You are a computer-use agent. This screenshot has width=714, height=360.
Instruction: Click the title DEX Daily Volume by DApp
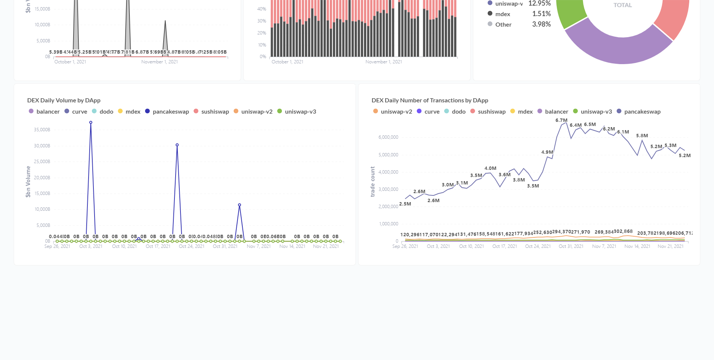click(x=64, y=100)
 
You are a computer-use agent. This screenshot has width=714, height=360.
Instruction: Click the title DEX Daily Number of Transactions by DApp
click(x=430, y=100)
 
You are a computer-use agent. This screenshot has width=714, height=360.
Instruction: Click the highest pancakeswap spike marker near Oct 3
click(x=91, y=123)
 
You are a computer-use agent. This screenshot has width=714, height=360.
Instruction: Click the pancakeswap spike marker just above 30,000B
click(x=177, y=145)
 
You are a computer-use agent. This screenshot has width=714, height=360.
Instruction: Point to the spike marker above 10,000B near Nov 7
click(x=239, y=205)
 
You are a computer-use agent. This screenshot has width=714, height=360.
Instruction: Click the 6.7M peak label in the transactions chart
click(x=561, y=120)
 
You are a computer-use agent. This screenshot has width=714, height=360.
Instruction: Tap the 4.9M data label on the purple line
click(x=547, y=152)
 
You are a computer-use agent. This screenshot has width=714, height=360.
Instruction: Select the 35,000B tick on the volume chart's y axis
click(x=42, y=130)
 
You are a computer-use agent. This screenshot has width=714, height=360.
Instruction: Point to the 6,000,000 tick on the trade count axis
click(x=388, y=137)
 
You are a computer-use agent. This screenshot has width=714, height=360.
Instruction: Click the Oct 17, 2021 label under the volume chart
click(x=158, y=246)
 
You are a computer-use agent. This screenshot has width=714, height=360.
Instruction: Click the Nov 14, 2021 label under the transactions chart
click(x=637, y=246)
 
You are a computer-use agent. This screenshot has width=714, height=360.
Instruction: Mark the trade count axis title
click(x=373, y=181)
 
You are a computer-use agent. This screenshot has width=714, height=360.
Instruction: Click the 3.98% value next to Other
click(x=541, y=24)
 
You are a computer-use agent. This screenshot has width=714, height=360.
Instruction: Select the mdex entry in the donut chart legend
click(x=502, y=14)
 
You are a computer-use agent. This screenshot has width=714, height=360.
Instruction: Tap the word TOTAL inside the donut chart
click(x=622, y=5)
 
